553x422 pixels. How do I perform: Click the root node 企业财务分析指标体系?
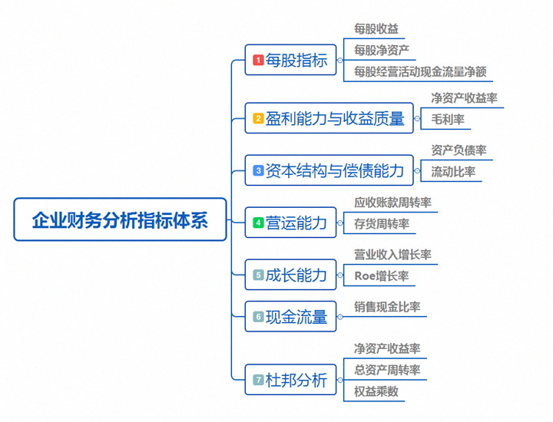[x=120, y=219]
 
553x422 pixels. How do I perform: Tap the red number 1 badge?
[x=258, y=60]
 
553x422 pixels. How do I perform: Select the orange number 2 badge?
[x=258, y=118]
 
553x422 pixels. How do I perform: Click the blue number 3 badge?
[x=258, y=170]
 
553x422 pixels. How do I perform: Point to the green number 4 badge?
[x=258, y=223]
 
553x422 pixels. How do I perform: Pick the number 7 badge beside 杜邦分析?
[x=258, y=380]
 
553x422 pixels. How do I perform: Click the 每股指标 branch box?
[x=290, y=60]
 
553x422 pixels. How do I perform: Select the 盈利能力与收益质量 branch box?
[x=329, y=118]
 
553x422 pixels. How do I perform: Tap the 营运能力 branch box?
[x=290, y=223]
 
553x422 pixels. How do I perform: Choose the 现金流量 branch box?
[x=290, y=316]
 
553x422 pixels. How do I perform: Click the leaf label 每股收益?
[x=376, y=29]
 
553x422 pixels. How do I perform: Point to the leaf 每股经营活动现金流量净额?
[x=420, y=72]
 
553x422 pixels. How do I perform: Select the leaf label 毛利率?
[x=448, y=120]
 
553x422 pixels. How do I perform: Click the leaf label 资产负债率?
[x=459, y=150]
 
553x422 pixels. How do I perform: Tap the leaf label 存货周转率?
[x=382, y=224]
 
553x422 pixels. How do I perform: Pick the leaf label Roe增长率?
[x=382, y=275]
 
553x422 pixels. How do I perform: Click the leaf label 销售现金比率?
[x=387, y=307]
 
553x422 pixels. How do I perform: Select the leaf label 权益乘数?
[x=376, y=391]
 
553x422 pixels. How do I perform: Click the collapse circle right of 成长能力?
[x=340, y=275]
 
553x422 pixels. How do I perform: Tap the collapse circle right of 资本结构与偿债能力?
[x=417, y=171]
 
